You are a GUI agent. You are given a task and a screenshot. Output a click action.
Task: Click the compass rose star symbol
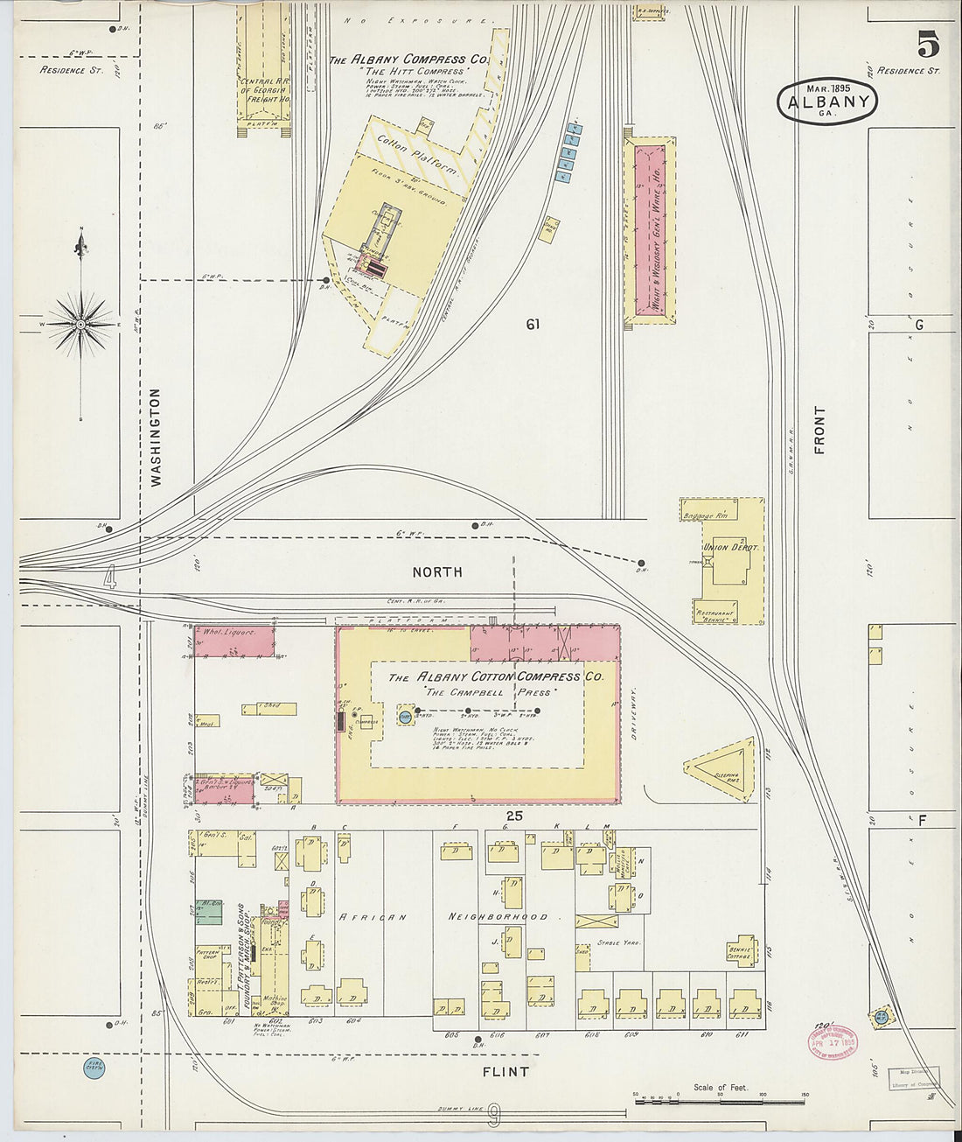pos(81,324)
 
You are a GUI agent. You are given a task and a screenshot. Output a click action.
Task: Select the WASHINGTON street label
pos(157,437)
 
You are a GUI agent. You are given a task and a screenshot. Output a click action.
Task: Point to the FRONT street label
pos(819,430)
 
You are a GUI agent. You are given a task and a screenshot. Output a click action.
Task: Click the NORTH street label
pos(437,571)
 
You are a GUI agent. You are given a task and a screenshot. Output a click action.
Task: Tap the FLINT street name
pos(506,1071)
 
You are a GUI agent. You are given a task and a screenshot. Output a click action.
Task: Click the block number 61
pos(533,325)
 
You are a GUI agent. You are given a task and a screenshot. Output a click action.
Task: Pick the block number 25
pos(514,816)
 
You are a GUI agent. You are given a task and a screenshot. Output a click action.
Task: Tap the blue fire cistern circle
pos(94,1067)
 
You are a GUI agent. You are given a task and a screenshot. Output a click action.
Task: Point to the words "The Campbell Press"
pos(487,692)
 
